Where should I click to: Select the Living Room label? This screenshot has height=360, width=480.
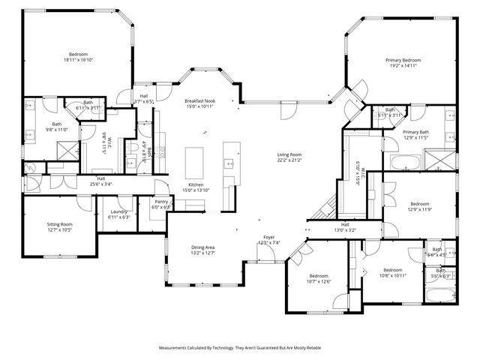coord(289,154)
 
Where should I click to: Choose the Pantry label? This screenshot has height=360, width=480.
coord(161,202)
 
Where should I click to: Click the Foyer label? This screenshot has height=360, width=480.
coord(268,238)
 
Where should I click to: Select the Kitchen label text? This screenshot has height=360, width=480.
coord(196,184)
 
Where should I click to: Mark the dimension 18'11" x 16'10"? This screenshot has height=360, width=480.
coord(78,60)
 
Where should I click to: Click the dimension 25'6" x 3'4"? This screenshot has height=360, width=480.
coord(100,184)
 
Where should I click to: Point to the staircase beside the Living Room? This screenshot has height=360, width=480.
coord(325,206)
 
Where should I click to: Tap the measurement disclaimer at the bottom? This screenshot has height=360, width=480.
coord(239,348)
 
